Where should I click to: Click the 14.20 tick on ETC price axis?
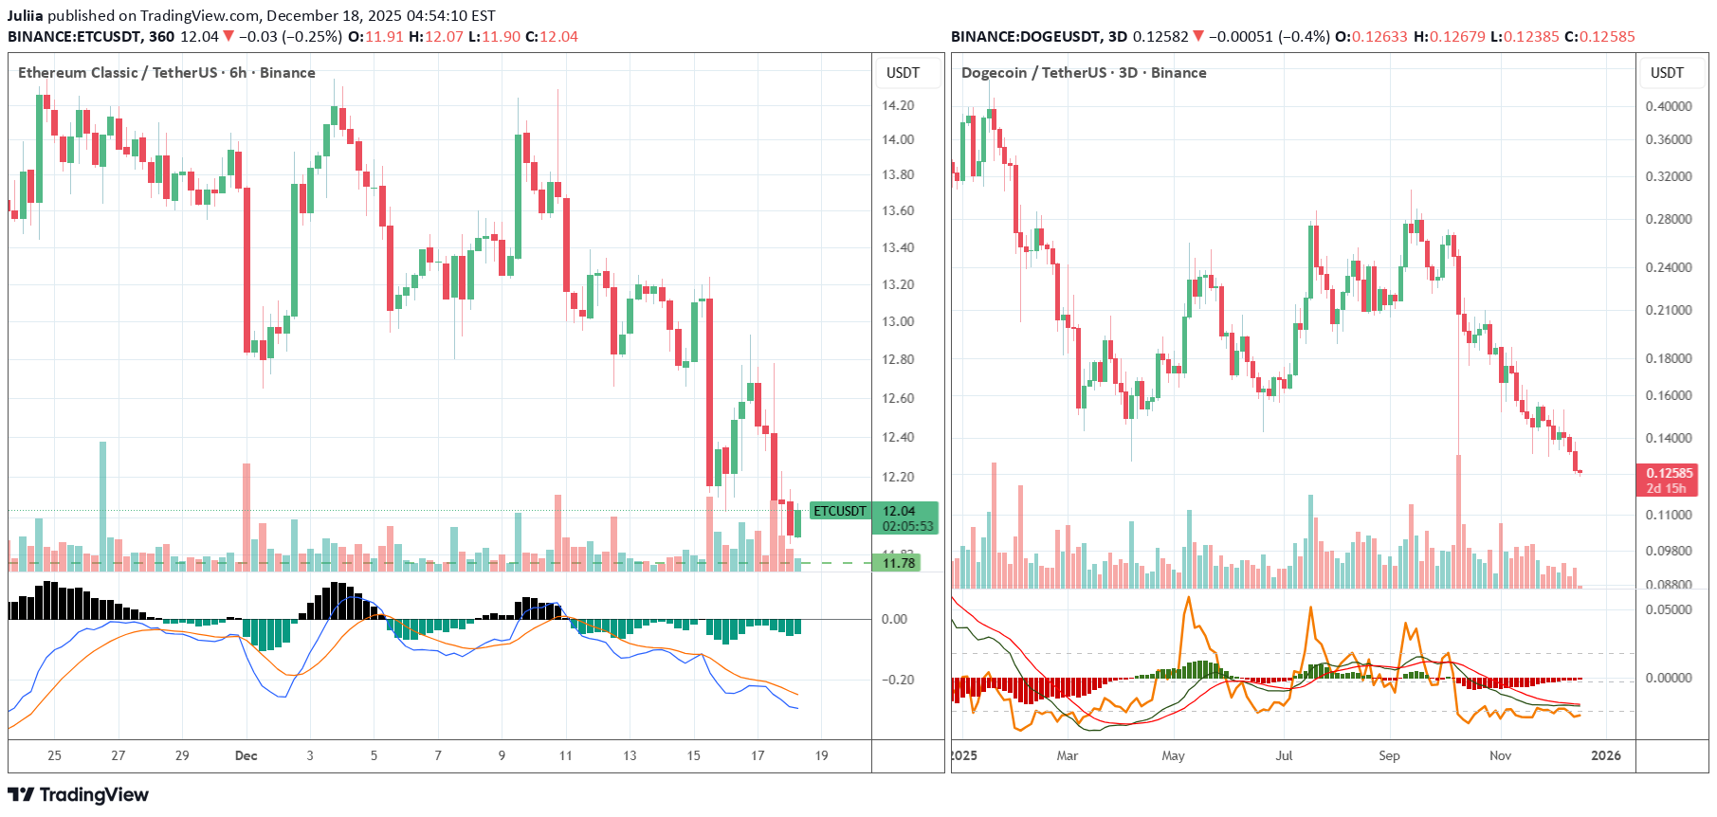[x=897, y=105]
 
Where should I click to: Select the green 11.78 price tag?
[x=898, y=563]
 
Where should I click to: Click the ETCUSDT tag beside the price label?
[x=840, y=511]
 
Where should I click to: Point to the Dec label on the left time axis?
[x=246, y=755]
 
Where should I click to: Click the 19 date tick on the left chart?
[x=821, y=755]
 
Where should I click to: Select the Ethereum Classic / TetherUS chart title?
[x=166, y=73]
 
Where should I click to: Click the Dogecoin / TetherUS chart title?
[x=1083, y=73]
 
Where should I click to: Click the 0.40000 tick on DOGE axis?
[x=1668, y=106]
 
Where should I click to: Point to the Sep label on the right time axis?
[x=1389, y=755]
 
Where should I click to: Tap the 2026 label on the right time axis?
[x=1605, y=755]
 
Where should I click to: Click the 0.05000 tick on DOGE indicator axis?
[x=1668, y=609]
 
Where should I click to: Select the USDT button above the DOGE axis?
[x=1667, y=73]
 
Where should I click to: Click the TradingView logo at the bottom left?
[x=78, y=794]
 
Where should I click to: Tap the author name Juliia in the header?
[x=26, y=15]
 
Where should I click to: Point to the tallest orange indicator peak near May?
[x=1188, y=599]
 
